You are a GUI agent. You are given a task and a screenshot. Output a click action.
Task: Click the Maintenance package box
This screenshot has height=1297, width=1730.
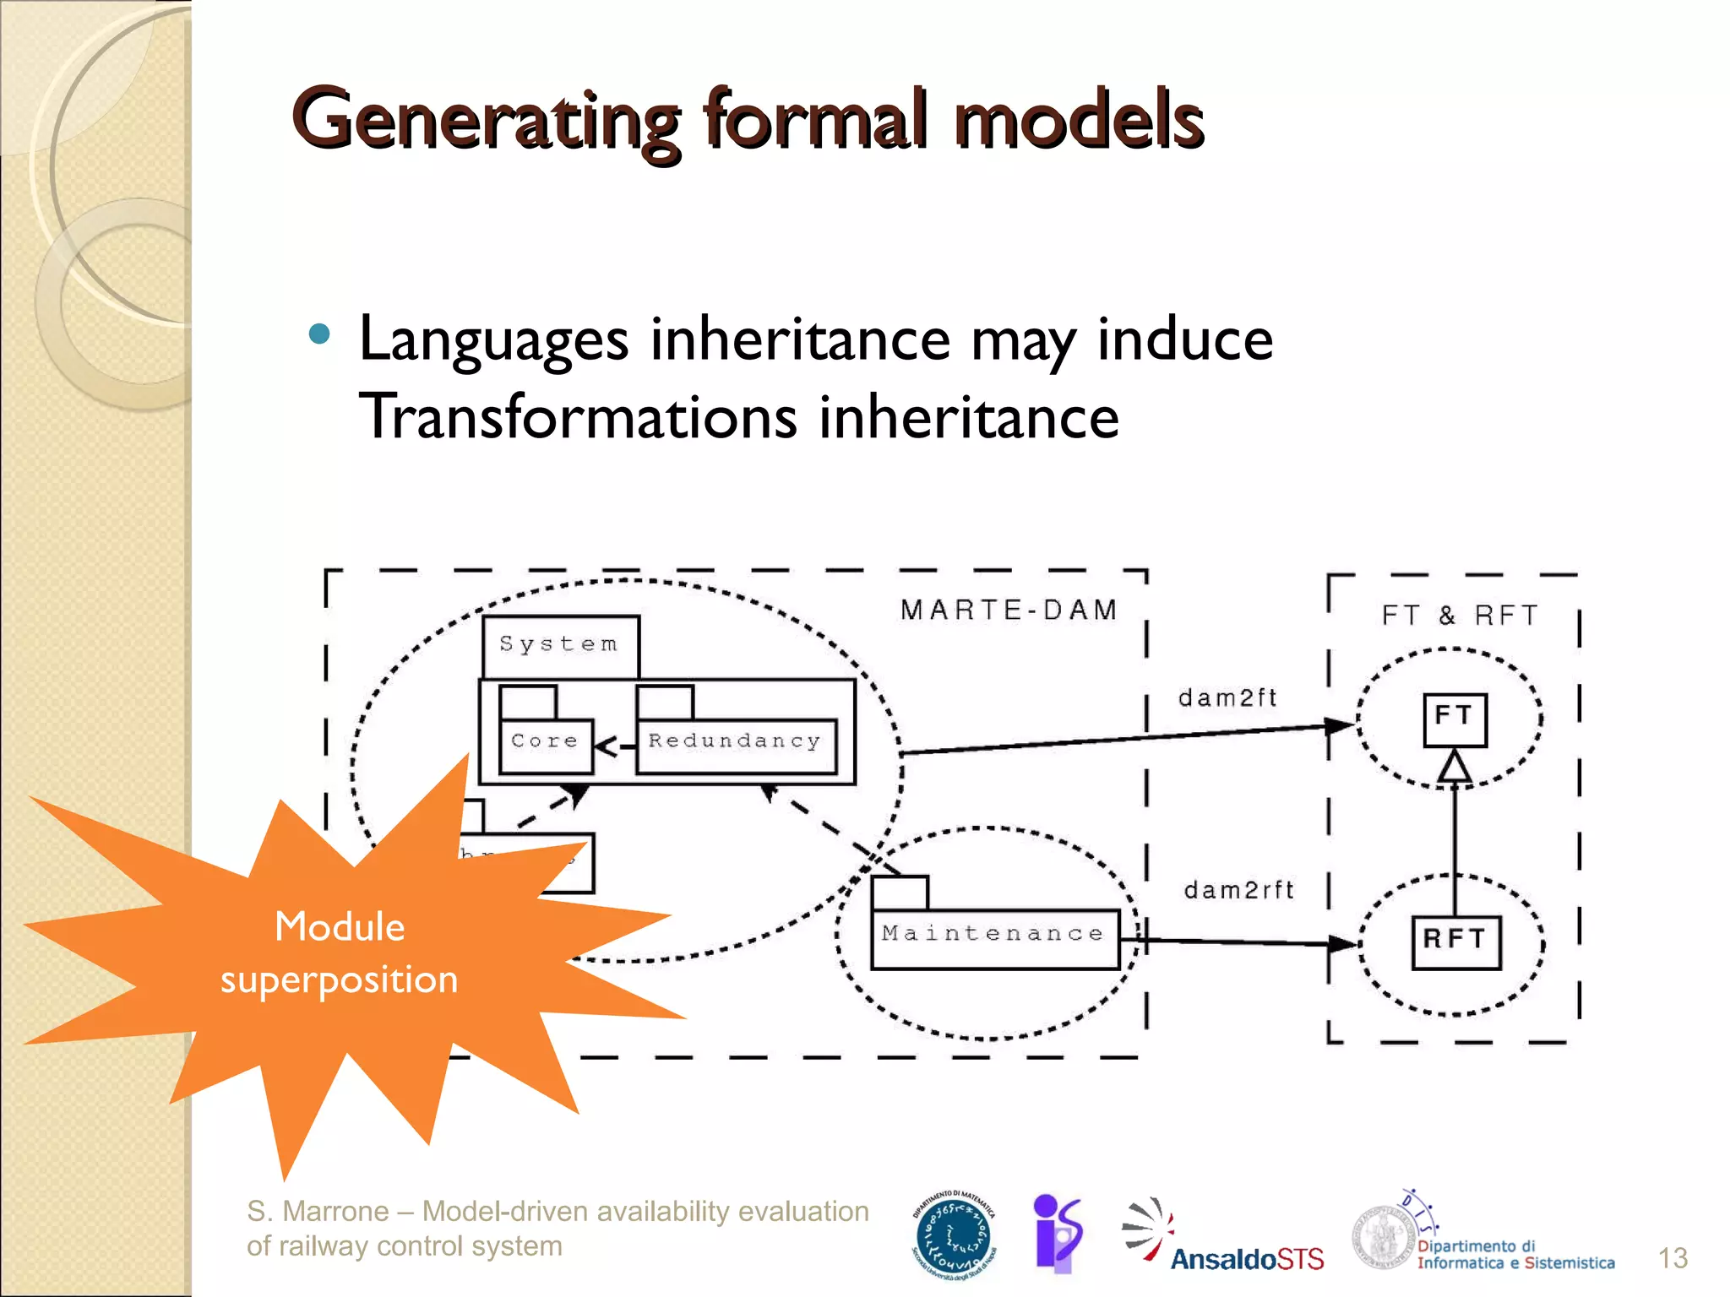tap(993, 936)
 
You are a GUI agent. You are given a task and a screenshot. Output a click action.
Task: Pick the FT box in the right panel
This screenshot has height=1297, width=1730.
tap(1454, 719)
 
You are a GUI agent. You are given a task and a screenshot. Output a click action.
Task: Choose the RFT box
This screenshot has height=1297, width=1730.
tap(1455, 941)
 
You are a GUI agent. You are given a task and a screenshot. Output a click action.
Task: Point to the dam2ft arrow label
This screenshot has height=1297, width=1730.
tap(1227, 698)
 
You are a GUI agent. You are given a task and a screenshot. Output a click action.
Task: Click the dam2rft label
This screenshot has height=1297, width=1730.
tap(1238, 890)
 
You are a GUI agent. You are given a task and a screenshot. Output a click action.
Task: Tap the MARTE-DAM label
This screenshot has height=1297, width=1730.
tap(1009, 610)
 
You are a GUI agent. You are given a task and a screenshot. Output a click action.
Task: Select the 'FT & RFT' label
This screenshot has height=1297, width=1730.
tap(1460, 616)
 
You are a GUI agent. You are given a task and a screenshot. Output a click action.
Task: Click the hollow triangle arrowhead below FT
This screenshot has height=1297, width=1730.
tap(1455, 768)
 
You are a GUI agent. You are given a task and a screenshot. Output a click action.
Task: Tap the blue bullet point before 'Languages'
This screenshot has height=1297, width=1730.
tap(319, 334)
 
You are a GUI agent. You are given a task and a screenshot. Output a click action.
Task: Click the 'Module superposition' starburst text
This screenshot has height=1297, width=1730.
tap(340, 953)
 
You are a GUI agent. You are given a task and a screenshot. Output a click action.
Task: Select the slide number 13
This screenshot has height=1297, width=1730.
tap(1672, 1258)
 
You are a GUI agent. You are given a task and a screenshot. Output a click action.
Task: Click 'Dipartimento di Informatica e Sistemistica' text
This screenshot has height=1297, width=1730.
tap(1515, 1255)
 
